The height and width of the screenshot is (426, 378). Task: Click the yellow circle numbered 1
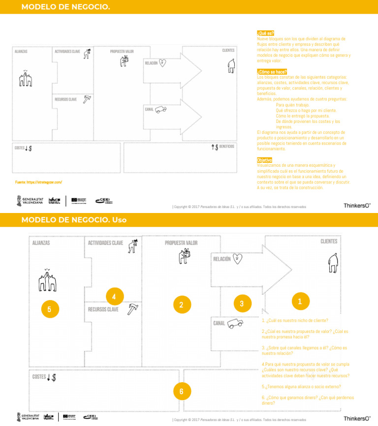(x=300, y=301)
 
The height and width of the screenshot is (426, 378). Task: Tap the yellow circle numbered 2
(x=182, y=305)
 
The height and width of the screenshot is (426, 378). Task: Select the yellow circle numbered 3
(x=242, y=304)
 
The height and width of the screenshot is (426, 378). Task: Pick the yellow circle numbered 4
(x=114, y=297)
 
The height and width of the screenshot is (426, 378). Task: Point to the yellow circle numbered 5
(x=50, y=309)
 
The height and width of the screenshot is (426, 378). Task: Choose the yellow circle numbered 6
(x=182, y=392)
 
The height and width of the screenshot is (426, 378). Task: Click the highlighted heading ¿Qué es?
(x=265, y=33)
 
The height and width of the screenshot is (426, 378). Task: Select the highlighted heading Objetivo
(x=264, y=160)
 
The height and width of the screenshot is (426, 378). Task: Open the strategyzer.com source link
(x=39, y=182)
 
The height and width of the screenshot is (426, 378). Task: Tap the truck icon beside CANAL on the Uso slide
(x=235, y=323)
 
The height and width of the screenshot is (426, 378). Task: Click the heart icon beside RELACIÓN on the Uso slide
(x=238, y=258)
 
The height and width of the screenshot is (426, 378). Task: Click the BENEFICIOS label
(x=226, y=147)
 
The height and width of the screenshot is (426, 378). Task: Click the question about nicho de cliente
(x=294, y=320)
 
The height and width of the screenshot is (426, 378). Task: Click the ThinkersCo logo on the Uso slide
(x=357, y=418)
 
